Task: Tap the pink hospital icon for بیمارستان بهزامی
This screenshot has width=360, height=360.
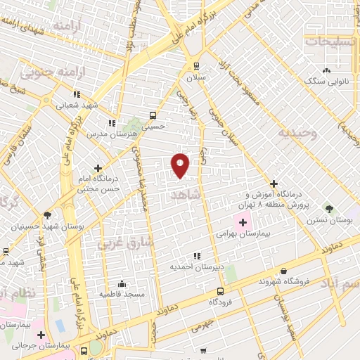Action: click(x=243, y=222)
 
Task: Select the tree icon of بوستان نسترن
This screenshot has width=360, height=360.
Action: click(x=328, y=209)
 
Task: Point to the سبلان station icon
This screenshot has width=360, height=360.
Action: click(x=196, y=67)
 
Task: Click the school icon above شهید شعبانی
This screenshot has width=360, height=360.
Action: click(x=77, y=94)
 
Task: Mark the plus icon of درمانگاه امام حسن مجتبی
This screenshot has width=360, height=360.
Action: click(x=98, y=168)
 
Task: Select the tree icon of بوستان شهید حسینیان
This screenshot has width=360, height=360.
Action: click(x=47, y=215)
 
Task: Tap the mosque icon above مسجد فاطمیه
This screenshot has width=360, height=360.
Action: click(x=122, y=284)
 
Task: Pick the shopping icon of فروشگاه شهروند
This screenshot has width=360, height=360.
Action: click(x=283, y=271)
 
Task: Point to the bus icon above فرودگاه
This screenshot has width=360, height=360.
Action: click(x=220, y=291)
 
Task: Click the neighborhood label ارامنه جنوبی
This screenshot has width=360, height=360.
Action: click(x=47, y=72)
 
